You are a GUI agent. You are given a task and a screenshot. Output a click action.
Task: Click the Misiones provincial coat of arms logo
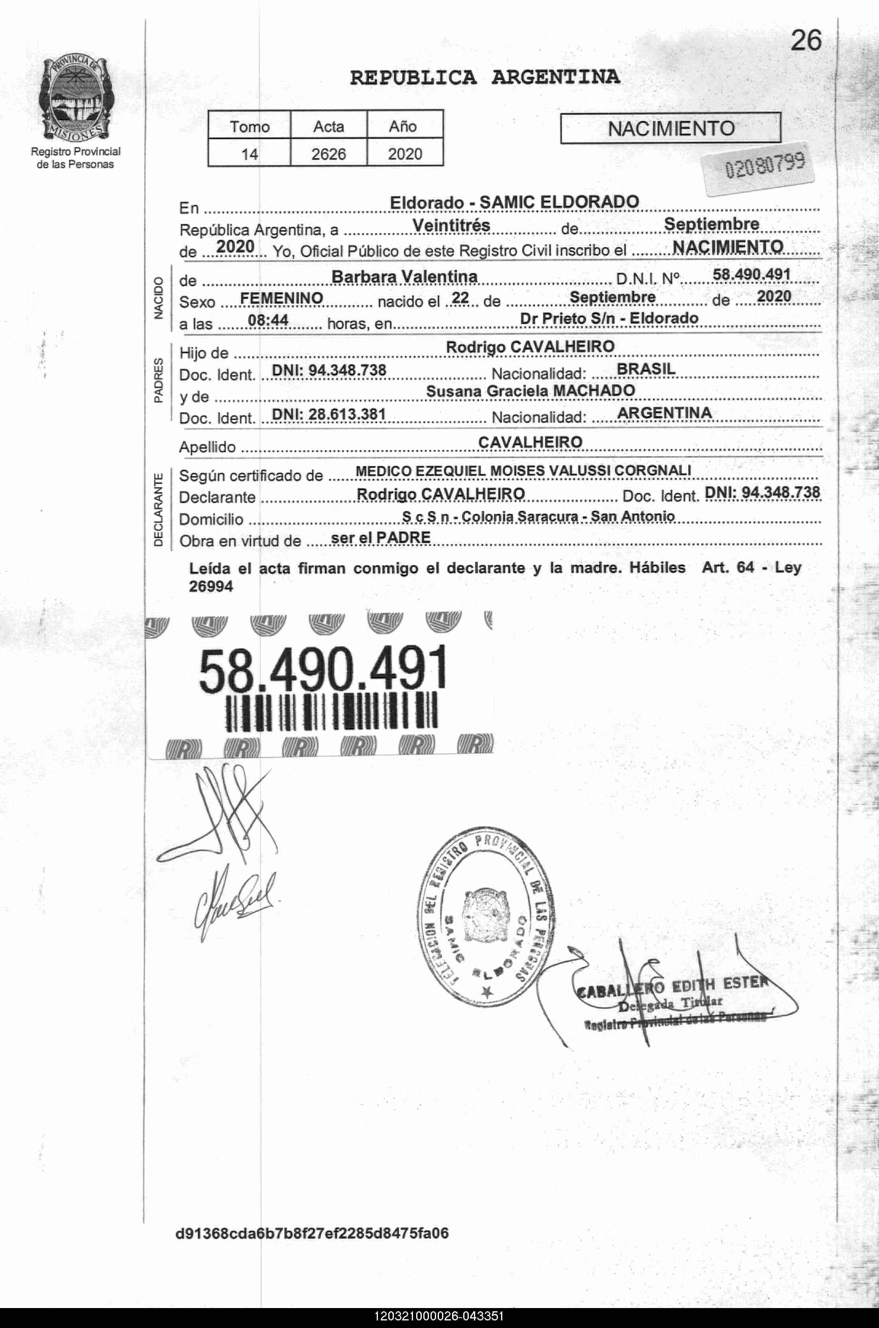[75, 99]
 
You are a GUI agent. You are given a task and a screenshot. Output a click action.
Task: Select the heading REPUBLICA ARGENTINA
[485, 77]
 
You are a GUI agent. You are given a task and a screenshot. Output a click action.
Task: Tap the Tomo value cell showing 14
[250, 153]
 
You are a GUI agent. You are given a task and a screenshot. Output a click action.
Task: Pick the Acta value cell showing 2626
[328, 153]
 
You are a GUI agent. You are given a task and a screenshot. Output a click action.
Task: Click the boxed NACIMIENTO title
[671, 128]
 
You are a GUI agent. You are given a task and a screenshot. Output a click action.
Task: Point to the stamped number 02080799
[765, 165]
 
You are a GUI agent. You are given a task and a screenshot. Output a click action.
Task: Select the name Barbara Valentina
[404, 276]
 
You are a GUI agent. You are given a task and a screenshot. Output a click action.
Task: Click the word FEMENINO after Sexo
[281, 298]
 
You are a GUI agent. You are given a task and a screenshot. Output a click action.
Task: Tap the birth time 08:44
[269, 320]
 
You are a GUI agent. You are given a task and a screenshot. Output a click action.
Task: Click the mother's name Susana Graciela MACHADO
[530, 391]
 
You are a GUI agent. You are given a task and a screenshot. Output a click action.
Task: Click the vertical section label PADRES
[159, 380]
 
